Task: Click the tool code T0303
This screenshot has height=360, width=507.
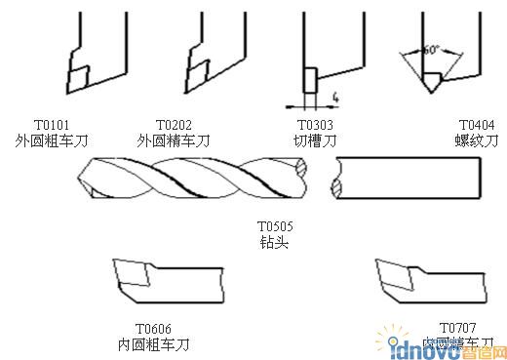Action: [x=315, y=126]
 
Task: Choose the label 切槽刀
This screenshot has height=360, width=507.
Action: [x=315, y=140]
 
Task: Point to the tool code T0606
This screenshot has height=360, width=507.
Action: [x=153, y=329]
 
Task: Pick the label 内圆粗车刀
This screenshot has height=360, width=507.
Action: [x=153, y=344]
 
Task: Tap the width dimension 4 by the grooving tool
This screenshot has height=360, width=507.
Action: [x=333, y=97]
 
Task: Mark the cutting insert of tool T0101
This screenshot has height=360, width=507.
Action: [x=78, y=71]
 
